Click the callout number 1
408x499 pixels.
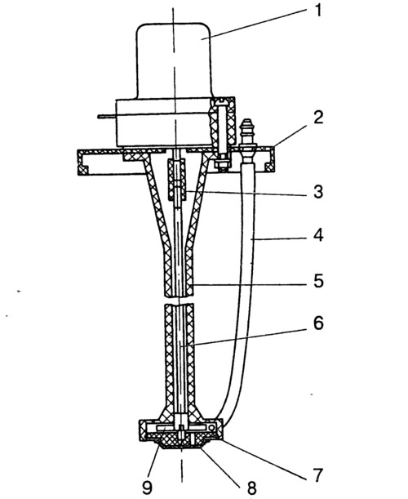[x=318, y=11]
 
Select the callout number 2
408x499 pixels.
[x=318, y=118]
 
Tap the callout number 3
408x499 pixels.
[x=318, y=192]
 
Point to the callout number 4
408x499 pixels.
[x=318, y=235]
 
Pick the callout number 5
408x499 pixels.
[x=318, y=281]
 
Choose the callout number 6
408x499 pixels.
[x=318, y=323]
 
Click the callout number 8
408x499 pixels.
[x=251, y=488]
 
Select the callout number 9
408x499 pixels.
[x=147, y=488]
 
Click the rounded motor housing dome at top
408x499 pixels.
[x=174, y=60]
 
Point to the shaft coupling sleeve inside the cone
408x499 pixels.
[x=177, y=180]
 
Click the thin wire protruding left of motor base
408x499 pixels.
[x=107, y=117]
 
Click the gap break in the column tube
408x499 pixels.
[x=179, y=301]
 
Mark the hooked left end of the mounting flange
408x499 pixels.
[x=83, y=163]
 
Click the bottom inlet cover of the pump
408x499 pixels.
[x=180, y=443]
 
